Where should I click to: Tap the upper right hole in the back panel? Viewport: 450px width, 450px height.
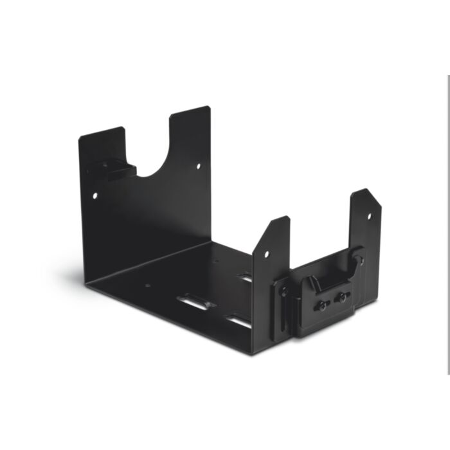pos(197,166)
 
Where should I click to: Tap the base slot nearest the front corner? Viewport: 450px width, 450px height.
pos(238,319)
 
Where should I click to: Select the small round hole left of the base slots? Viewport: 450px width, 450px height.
pos(148,286)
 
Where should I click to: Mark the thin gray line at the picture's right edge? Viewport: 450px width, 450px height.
pos(448,225)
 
